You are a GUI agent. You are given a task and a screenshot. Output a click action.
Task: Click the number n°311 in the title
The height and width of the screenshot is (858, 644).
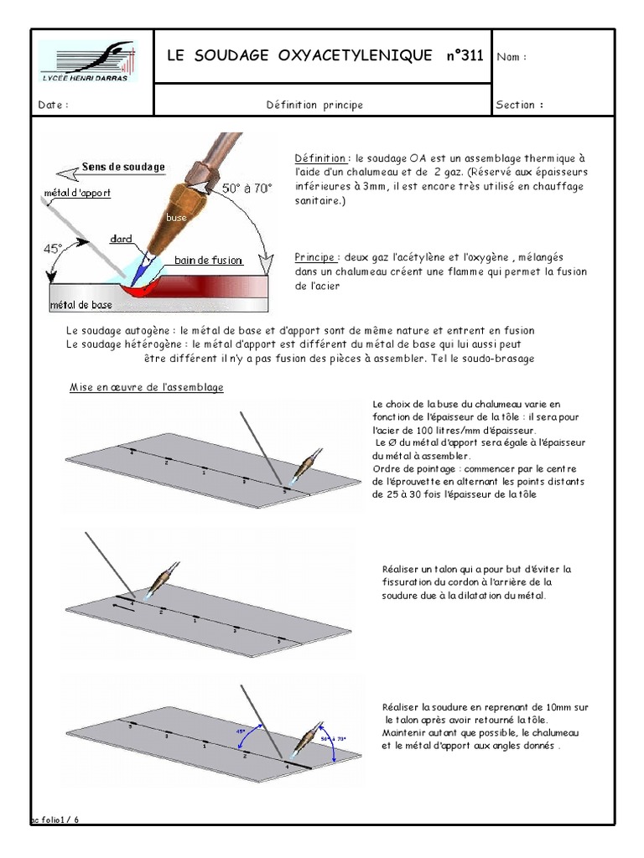pyautogui.click(x=460, y=56)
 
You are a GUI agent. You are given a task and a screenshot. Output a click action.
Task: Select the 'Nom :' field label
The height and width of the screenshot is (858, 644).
pyautogui.click(x=512, y=57)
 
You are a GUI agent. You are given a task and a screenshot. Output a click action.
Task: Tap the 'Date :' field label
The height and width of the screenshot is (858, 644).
pyautogui.click(x=53, y=106)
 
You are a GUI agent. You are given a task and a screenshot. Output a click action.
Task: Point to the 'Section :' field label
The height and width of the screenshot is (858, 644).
pyautogui.click(x=520, y=106)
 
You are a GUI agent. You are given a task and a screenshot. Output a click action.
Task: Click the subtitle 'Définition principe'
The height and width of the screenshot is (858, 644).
pyautogui.click(x=314, y=106)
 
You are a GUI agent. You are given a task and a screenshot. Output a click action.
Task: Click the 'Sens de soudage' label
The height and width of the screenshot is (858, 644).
pyautogui.click(x=122, y=167)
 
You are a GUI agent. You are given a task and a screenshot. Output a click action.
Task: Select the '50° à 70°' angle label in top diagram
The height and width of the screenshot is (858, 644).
pyautogui.click(x=247, y=189)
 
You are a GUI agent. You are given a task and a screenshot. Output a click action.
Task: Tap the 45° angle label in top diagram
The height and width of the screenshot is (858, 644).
pyautogui.click(x=54, y=249)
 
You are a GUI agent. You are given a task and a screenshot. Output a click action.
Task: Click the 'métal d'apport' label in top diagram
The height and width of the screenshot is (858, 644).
pyautogui.click(x=76, y=193)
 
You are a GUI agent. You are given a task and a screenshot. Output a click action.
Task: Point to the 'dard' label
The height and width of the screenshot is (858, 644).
pyautogui.click(x=121, y=238)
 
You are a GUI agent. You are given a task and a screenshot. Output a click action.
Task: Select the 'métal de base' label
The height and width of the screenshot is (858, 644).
pyautogui.click(x=81, y=305)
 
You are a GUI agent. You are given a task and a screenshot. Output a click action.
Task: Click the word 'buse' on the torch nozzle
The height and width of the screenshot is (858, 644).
pyautogui.click(x=175, y=217)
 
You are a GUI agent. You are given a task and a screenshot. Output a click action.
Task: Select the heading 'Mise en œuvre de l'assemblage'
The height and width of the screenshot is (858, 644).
pyautogui.click(x=146, y=388)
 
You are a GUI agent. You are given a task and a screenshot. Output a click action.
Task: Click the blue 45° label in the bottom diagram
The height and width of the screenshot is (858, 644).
pyautogui.click(x=241, y=730)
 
